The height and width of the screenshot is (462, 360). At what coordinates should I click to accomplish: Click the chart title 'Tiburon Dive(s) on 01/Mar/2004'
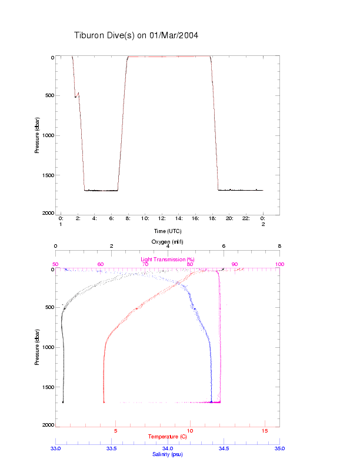(x=136, y=35)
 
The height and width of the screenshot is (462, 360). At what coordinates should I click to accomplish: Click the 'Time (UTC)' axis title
(x=168, y=231)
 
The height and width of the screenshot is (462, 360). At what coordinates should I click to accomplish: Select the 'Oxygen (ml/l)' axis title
(x=168, y=242)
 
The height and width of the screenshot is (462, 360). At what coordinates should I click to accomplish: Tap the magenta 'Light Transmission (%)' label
(x=168, y=259)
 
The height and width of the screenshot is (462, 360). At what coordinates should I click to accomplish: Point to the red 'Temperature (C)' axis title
(x=168, y=437)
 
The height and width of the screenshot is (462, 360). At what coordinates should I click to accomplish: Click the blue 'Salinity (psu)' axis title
(x=168, y=454)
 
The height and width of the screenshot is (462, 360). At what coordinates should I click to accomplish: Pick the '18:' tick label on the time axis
(x=212, y=218)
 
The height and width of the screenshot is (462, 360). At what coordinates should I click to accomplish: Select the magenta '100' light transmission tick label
(x=279, y=264)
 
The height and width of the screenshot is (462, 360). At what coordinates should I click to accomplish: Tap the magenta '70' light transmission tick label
(x=145, y=264)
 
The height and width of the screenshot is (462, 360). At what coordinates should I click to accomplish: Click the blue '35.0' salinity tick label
(x=279, y=448)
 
